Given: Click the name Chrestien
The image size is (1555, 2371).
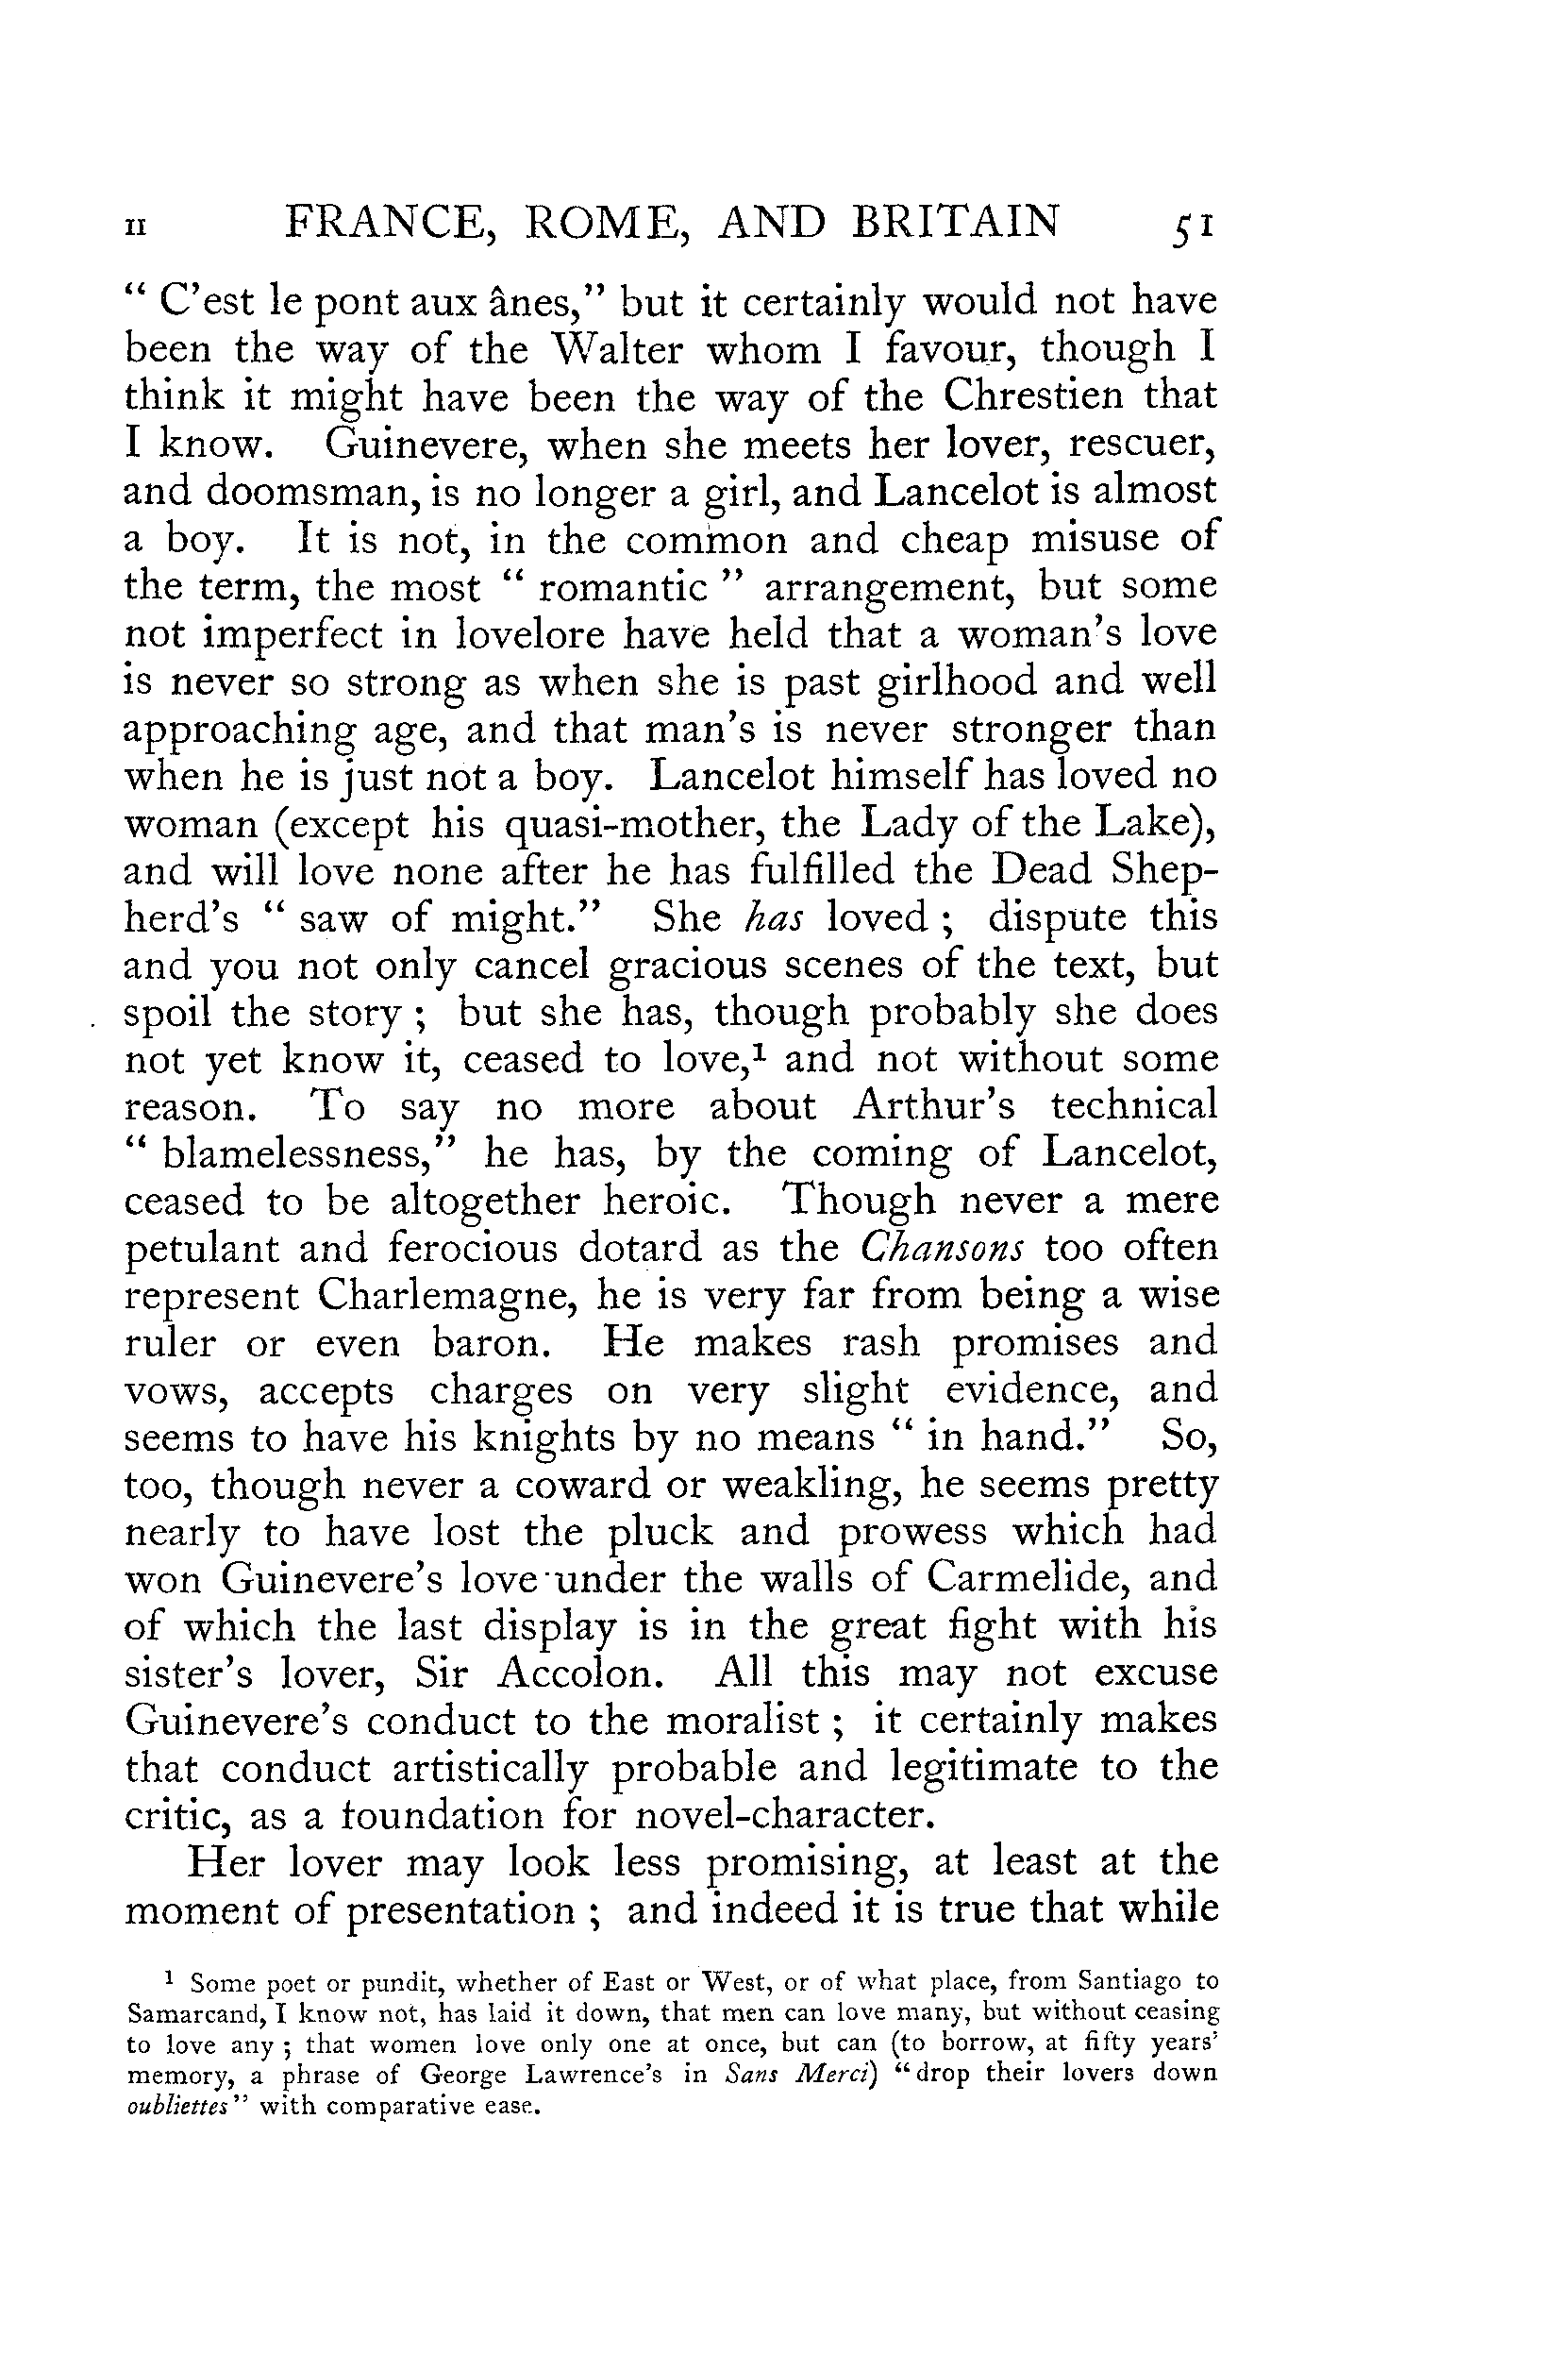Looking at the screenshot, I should (1034, 396).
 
